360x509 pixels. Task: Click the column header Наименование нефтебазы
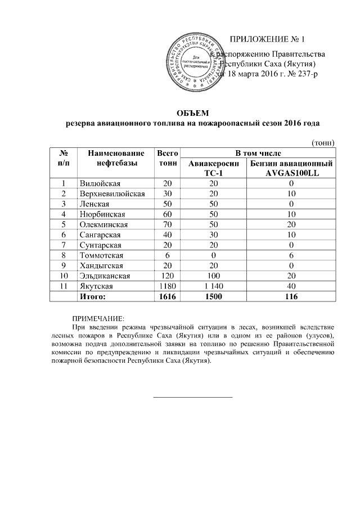click(x=112, y=157)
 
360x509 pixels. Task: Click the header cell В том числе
click(x=258, y=152)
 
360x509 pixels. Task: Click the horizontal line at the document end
click(x=193, y=397)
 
